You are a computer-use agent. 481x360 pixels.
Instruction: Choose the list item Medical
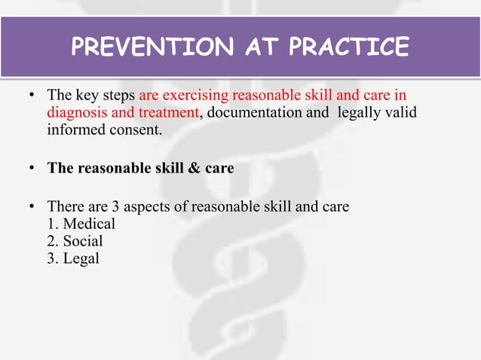88,224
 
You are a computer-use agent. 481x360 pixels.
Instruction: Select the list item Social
83,241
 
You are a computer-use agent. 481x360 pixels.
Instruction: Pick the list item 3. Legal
73,258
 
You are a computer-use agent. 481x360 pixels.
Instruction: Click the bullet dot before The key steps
32,96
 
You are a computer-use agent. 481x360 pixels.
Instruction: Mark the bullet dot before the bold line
32,168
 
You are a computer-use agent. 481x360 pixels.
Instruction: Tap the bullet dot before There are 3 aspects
32,206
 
